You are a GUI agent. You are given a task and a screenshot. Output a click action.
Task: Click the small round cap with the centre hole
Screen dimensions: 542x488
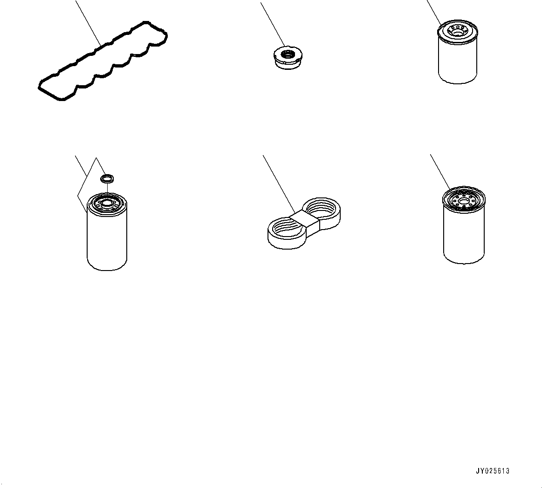(x=288, y=57)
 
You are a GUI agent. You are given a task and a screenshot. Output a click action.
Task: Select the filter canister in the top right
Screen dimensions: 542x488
(x=458, y=52)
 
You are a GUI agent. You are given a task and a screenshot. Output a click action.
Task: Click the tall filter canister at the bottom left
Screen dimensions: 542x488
(x=107, y=231)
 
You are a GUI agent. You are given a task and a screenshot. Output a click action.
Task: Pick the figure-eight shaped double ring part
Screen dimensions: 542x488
(x=304, y=223)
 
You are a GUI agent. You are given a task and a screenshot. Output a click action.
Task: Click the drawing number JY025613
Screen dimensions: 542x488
(x=492, y=471)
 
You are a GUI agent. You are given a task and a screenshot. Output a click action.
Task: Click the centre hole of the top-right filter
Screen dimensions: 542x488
(x=457, y=33)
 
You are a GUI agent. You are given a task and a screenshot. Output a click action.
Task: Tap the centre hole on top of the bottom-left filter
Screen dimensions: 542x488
(x=106, y=203)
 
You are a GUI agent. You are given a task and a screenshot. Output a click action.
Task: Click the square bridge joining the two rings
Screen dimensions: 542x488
(x=304, y=222)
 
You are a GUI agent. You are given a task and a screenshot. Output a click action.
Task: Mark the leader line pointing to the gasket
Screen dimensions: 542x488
(x=88, y=23)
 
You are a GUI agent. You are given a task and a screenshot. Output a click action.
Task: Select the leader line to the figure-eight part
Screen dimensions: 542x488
(x=279, y=184)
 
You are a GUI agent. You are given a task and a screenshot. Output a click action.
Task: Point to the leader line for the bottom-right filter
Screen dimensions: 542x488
(x=440, y=171)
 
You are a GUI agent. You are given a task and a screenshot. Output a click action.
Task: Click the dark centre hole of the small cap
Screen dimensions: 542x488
(x=287, y=54)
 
